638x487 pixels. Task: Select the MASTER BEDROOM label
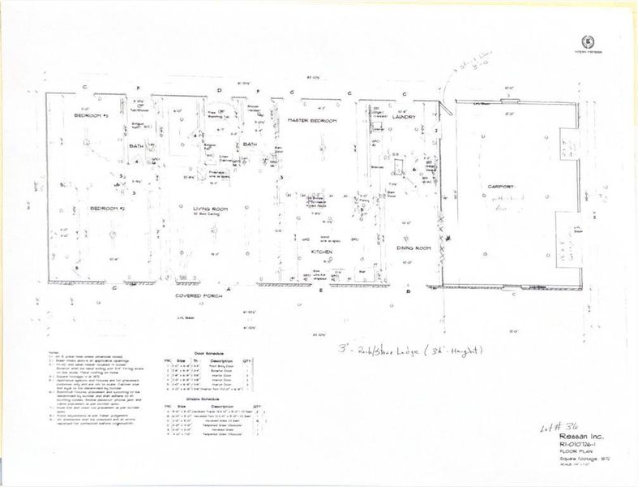(312, 120)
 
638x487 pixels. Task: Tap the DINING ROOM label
(412, 248)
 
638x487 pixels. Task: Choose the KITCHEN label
(324, 252)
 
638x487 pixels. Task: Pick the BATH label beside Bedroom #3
(137, 144)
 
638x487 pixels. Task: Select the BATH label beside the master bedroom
(250, 144)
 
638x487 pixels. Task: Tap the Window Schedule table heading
(204, 399)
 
